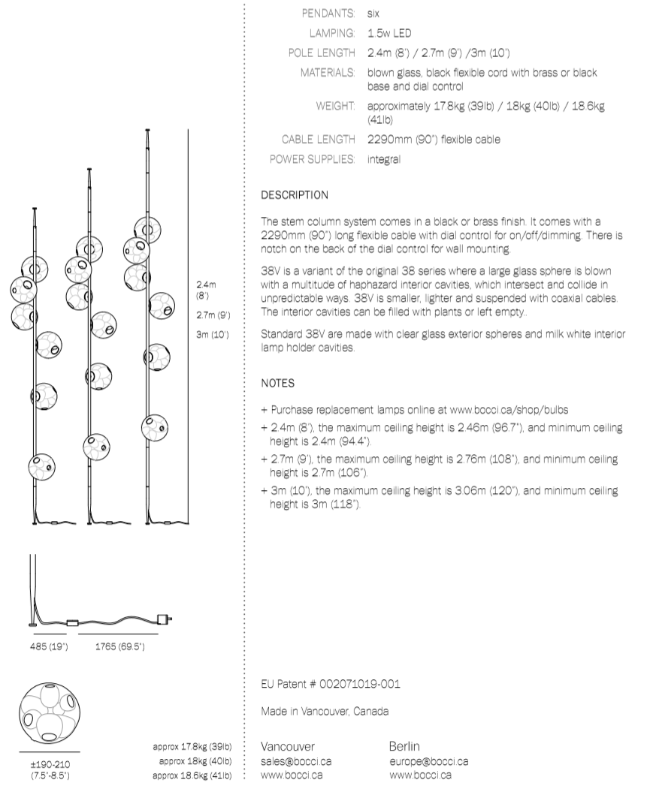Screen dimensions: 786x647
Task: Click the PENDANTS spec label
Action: pyautogui.click(x=328, y=14)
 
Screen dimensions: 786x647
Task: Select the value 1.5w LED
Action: pyautogui.click(x=390, y=33)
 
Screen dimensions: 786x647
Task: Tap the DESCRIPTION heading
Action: pyautogui.click(x=295, y=195)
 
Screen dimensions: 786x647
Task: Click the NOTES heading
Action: pyautogui.click(x=277, y=383)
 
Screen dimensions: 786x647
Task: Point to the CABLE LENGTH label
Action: pyautogui.click(x=318, y=139)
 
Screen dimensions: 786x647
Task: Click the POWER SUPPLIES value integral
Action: pyautogui.click(x=384, y=159)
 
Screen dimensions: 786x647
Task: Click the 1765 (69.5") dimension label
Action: pyautogui.click(x=119, y=646)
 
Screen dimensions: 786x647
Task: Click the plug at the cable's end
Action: pyautogui.click(x=162, y=619)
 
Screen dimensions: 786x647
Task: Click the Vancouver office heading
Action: pyautogui.click(x=288, y=746)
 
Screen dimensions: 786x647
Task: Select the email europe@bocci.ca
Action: pyautogui.click(x=428, y=761)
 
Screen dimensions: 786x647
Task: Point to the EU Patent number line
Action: pyautogui.click(x=331, y=685)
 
